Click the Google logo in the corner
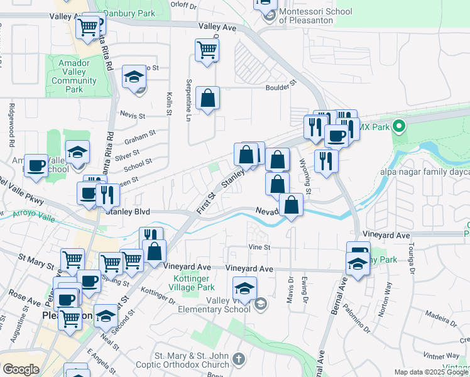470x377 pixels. coord(21,369)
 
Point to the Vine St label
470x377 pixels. coord(258,247)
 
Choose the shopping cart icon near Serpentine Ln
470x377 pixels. coord(207,49)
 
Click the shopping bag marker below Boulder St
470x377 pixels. coord(207,98)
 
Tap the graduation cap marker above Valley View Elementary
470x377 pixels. coord(244,288)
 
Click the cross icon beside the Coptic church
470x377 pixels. coord(238,359)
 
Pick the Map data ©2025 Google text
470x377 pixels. coord(430,372)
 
